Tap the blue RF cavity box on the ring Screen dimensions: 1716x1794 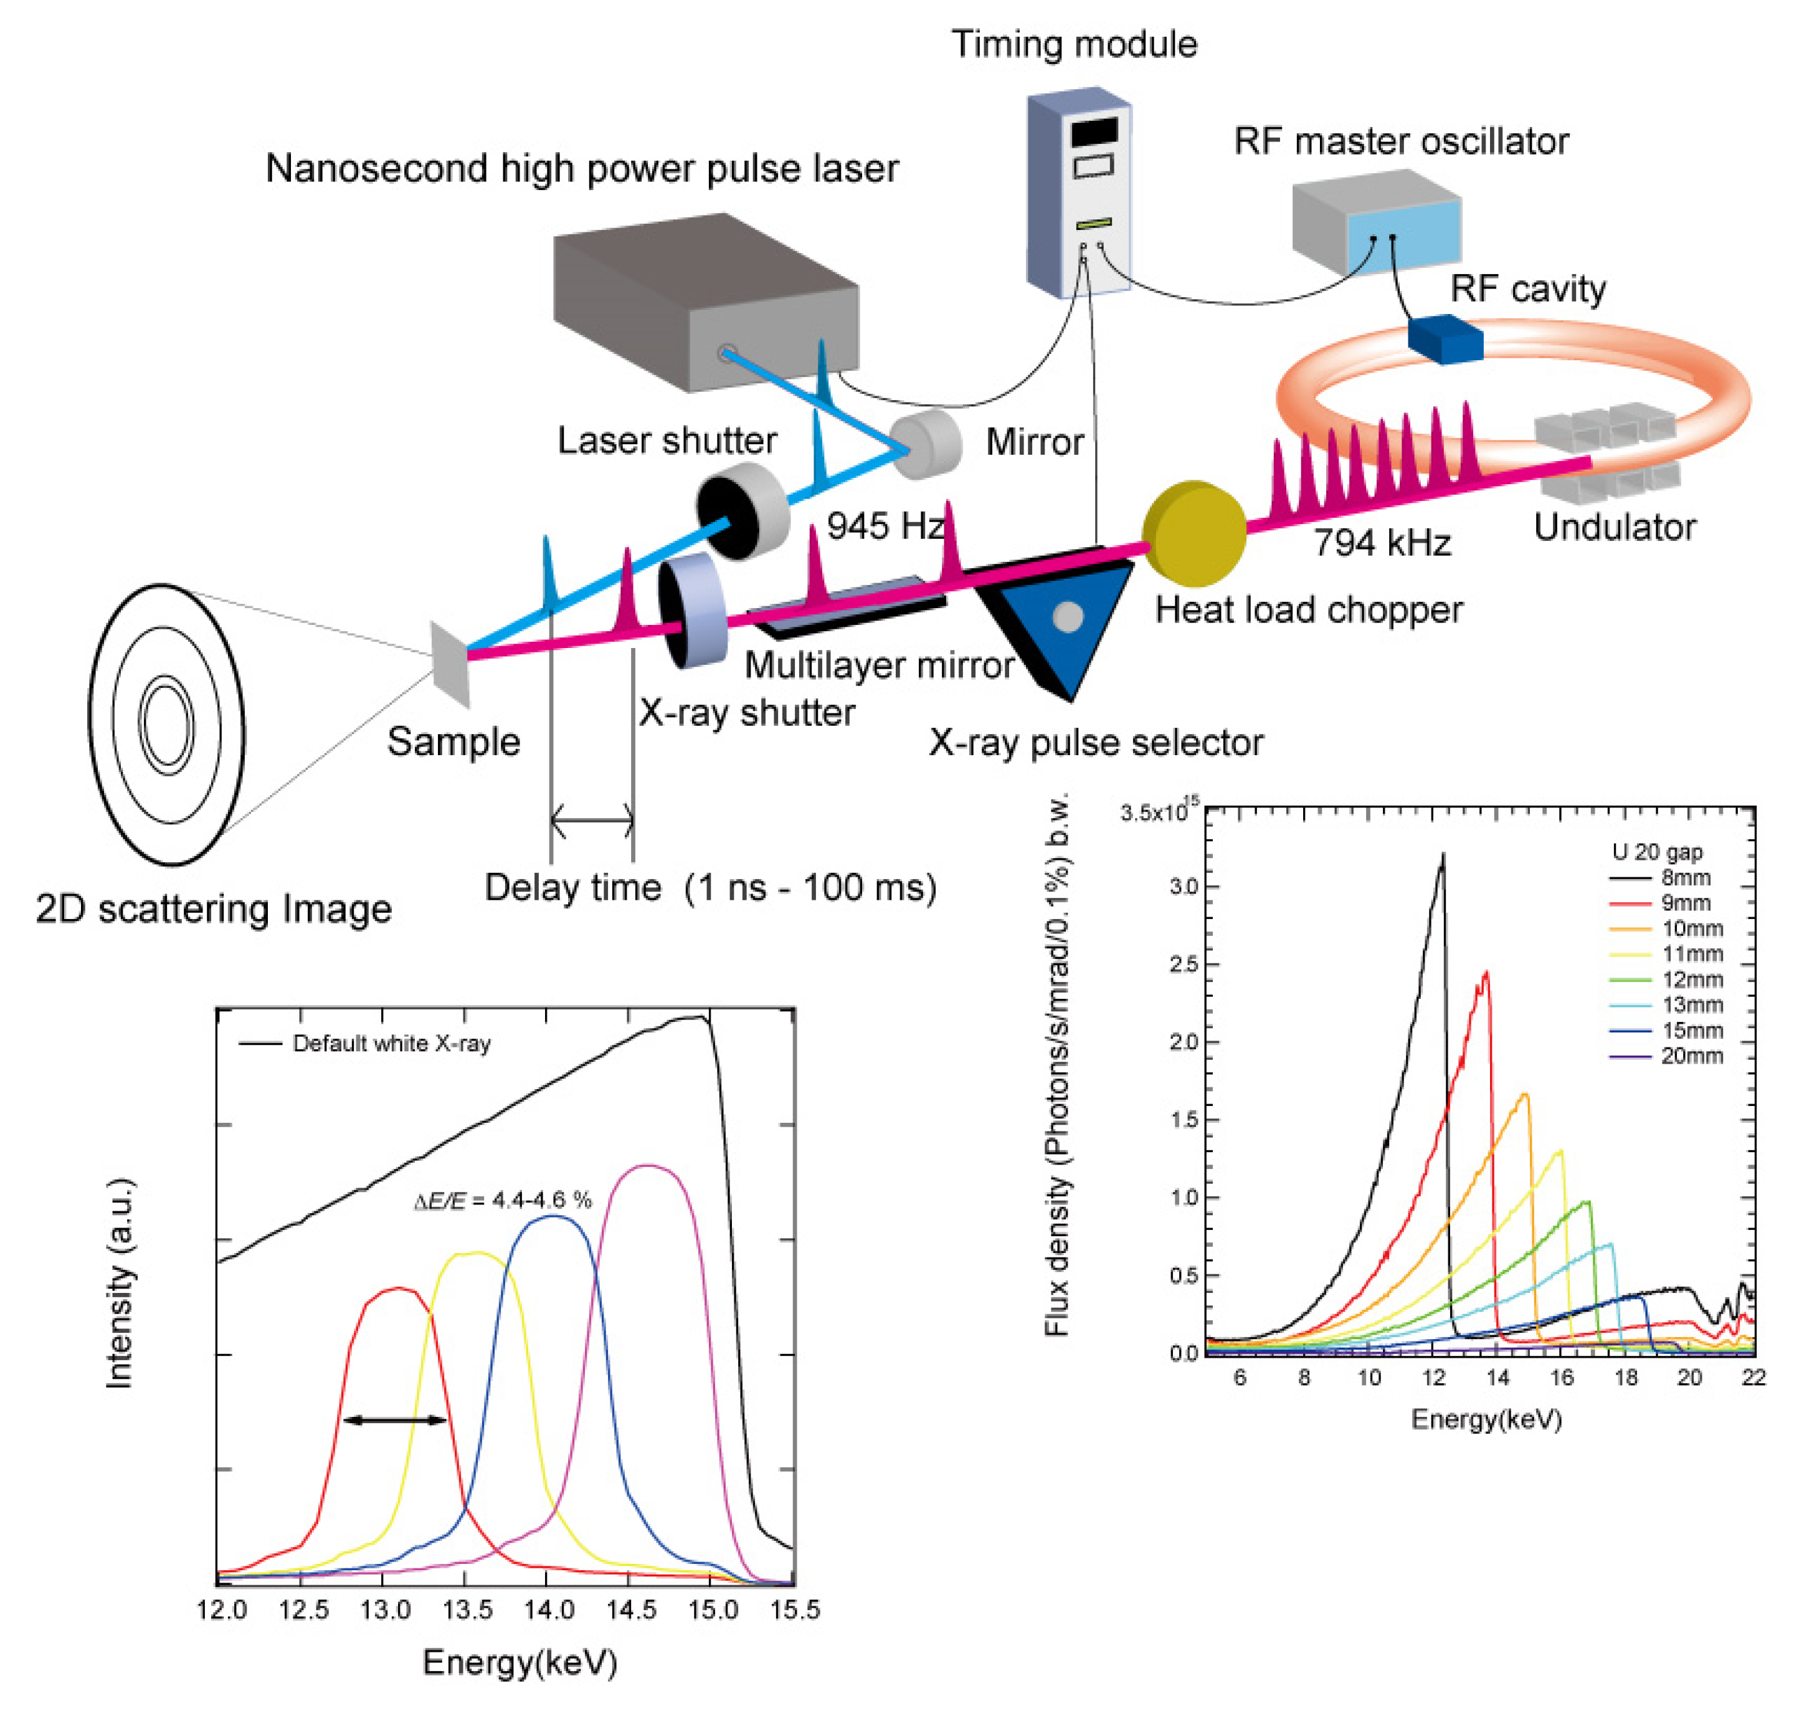[1445, 338]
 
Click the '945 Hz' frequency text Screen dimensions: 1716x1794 [883, 526]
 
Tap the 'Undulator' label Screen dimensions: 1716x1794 [1614, 528]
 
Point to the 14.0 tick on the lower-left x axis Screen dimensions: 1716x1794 [549, 1609]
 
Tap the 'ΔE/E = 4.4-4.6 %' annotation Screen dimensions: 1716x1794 [503, 1199]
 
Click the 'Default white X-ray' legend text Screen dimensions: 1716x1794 [391, 1043]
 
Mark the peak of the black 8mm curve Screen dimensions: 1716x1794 [1443, 856]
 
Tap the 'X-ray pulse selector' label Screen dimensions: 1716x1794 [1096, 742]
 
